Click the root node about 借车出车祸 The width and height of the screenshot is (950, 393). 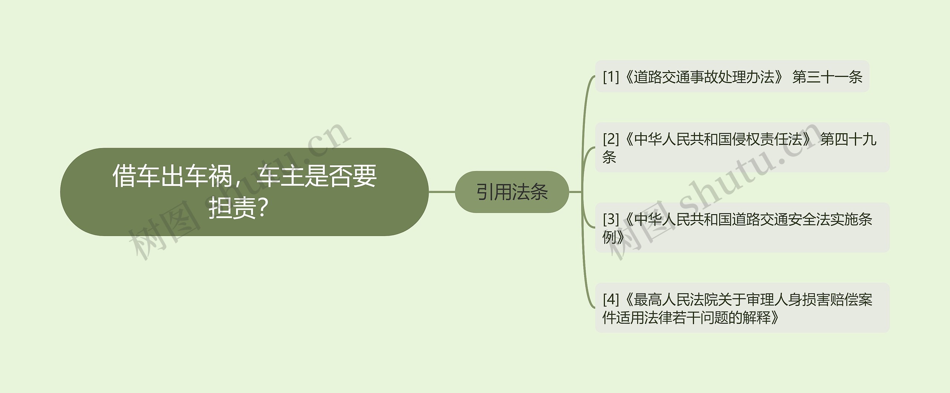click(x=244, y=192)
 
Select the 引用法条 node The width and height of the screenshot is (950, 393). click(x=512, y=192)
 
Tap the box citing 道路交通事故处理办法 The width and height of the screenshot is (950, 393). click(x=732, y=76)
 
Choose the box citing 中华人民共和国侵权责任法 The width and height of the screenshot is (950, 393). click(x=742, y=148)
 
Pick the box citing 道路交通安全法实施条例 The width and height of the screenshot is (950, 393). click(x=742, y=227)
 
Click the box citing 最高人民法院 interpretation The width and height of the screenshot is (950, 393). click(x=742, y=308)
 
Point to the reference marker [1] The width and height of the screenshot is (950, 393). click(x=611, y=77)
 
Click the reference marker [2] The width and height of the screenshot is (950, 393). click(x=611, y=139)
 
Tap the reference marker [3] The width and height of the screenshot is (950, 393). click(x=611, y=219)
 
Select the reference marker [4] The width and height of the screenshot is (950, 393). click(x=611, y=299)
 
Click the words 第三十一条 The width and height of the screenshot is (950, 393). click(x=827, y=77)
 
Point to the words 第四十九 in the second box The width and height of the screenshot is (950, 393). click(x=848, y=139)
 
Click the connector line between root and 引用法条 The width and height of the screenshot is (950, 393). click(x=442, y=192)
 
